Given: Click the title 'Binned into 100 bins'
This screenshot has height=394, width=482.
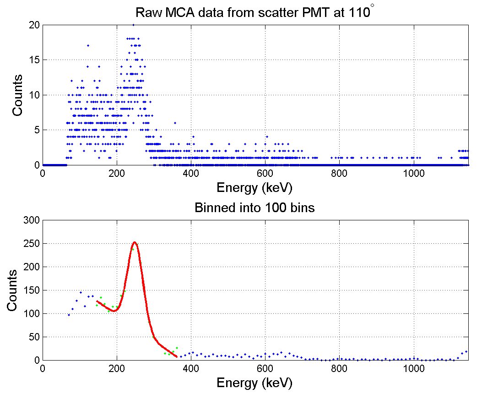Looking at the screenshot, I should tap(255, 208).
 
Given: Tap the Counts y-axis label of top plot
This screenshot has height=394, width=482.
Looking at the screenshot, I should tap(17, 95).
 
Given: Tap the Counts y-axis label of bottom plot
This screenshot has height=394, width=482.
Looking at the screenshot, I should tap(12, 290).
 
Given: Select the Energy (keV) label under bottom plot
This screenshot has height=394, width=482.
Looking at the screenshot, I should tap(255, 383).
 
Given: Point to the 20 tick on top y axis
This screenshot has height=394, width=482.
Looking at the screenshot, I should tap(33, 25).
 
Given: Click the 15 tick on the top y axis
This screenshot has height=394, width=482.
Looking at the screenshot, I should tap(33, 60).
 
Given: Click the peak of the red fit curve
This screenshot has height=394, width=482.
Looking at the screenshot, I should tap(134, 242).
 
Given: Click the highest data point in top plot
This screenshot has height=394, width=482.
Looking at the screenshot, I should tap(133, 25).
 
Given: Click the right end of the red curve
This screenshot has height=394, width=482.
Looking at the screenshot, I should tap(176, 356).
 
